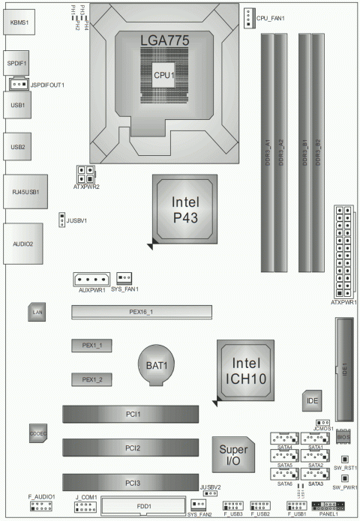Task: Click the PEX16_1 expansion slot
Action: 142,311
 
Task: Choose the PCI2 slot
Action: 132,448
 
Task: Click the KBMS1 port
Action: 20,22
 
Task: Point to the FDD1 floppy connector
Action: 145,506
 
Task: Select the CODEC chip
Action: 39,434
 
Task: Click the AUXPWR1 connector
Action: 91,279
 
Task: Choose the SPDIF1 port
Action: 18,64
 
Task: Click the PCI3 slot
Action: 132,482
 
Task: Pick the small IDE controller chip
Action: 313,402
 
